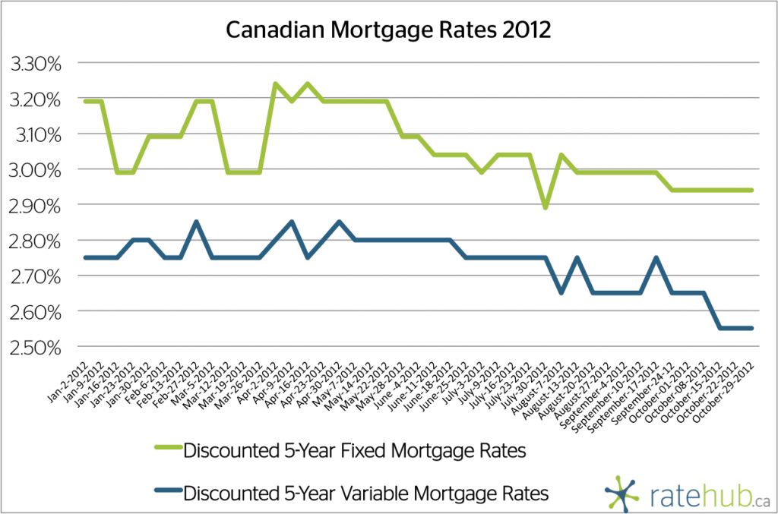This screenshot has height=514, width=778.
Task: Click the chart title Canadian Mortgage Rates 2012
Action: pyautogui.click(x=388, y=30)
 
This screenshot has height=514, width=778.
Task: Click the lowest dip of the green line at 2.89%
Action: pyautogui.click(x=545, y=207)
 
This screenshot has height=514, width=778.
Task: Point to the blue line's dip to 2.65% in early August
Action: pyautogui.click(x=561, y=292)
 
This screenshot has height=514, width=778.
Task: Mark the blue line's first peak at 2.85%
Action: pyautogui.click(x=196, y=222)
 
